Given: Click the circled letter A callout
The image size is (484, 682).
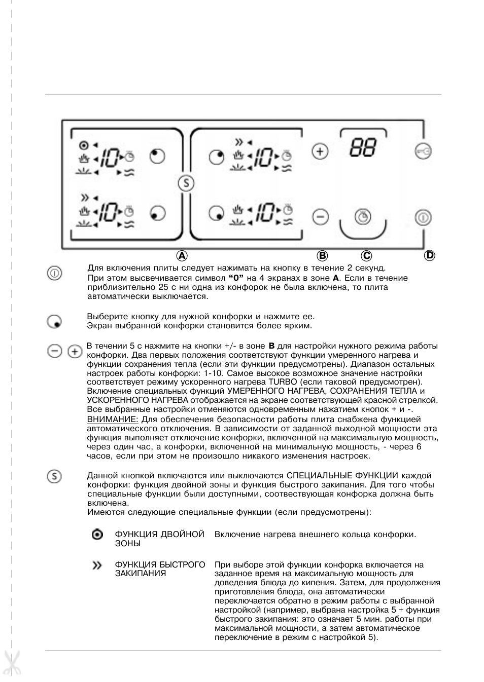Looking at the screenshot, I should point(182,255).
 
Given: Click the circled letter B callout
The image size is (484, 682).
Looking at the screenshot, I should point(322,255).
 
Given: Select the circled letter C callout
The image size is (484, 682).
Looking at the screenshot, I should point(366,255).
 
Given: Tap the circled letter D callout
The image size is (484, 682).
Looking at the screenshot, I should point(430,255).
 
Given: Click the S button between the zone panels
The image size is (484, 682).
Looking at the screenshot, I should point(186,183).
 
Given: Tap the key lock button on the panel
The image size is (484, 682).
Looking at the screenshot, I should point(423,151).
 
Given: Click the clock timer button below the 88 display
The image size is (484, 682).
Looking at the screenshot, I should point(363,217).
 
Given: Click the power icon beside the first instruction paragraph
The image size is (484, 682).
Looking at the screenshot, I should point(54,274).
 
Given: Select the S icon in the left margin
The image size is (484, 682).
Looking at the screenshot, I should point(54,476).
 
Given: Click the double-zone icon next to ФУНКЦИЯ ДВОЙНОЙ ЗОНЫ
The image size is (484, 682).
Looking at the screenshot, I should point(97,535).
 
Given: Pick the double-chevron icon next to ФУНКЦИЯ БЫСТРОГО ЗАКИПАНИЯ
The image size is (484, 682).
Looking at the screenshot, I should point(97,565).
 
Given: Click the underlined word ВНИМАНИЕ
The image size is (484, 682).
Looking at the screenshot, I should point(112,420).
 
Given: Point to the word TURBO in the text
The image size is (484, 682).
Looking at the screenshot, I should point(280,382).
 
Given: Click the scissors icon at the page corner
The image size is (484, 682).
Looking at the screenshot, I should point(11,664).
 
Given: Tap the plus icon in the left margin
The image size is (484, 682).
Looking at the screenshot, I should point(75,351).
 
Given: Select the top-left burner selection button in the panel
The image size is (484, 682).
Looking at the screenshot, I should point(157,156).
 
